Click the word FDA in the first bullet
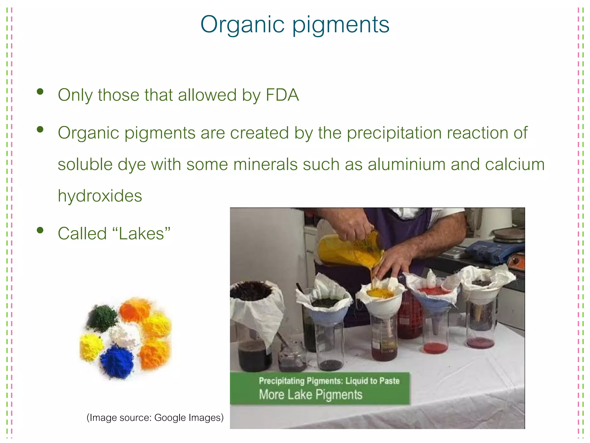282,95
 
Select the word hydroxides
100,196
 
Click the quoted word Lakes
141,233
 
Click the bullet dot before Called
40,230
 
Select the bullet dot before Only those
40,92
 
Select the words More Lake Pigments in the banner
310,395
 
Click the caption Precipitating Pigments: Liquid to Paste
329,381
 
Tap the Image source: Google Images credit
155,417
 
